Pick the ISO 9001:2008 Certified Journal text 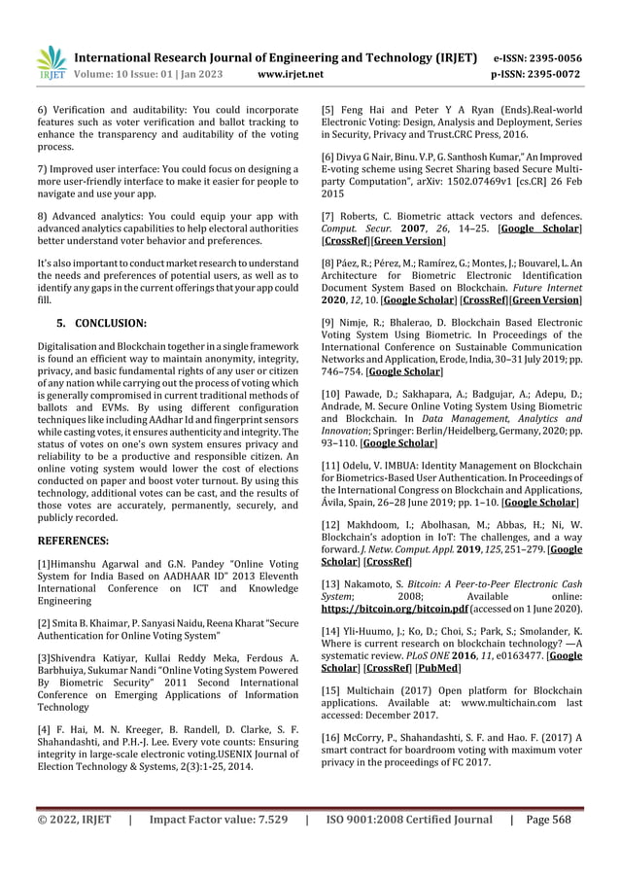coord(408,848)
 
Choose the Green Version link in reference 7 coord(411,239)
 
